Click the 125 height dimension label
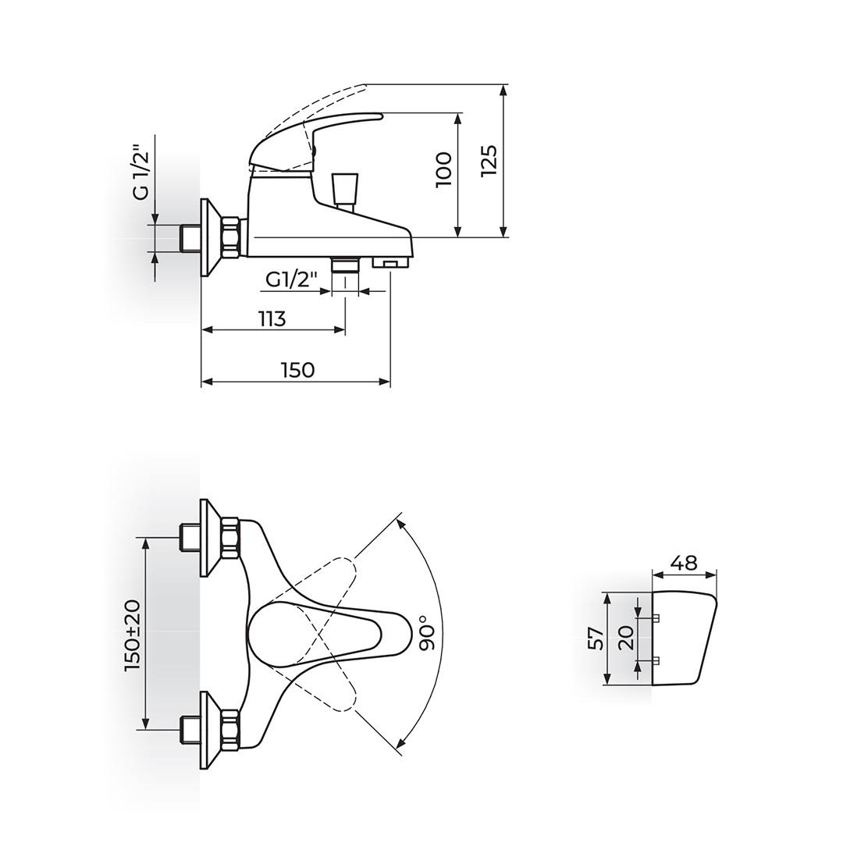[489, 161]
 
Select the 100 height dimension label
[443, 169]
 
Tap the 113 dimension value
[272, 318]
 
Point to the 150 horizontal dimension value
[297, 370]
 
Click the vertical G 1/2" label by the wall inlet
[140, 172]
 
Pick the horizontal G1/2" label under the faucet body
[293, 279]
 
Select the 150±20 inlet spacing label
[132, 635]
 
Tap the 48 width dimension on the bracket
[683, 563]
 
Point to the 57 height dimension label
[595, 638]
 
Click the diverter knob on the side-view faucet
[343, 189]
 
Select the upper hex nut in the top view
[230, 538]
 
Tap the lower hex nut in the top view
[230, 730]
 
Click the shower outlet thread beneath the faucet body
[344, 265]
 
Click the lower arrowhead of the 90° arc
[400, 744]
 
